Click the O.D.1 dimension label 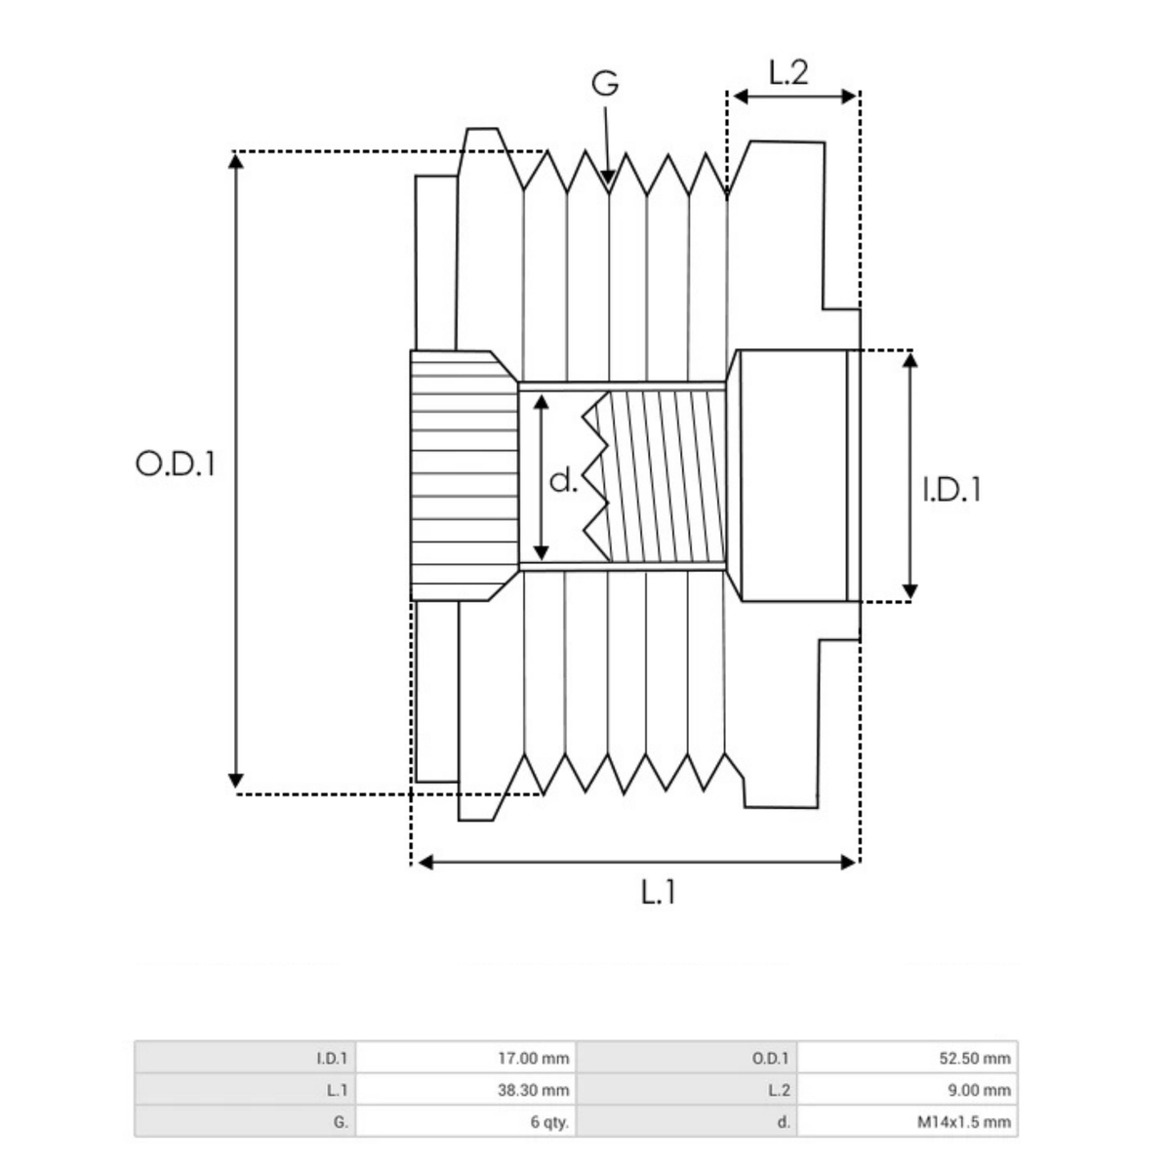[175, 464]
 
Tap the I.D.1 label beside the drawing [951, 488]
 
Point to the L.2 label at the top [788, 72]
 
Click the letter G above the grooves [605, 84]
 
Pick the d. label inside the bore [564, 479]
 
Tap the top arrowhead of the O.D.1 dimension [235, 160]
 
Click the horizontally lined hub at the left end [461, 475]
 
